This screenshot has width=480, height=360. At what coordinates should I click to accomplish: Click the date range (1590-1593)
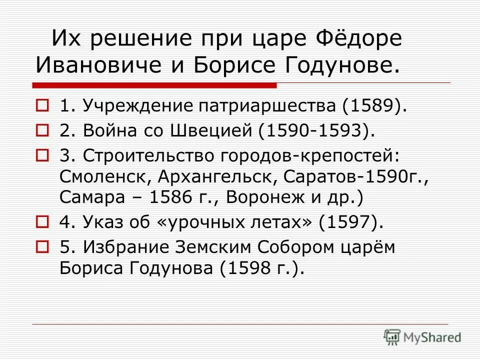coord(316,131)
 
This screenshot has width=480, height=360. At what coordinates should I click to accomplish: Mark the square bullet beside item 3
coord(43,155)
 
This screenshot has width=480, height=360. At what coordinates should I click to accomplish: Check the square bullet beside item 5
coord(43,246)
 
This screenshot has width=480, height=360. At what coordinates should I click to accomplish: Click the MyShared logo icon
coord(392,336)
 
